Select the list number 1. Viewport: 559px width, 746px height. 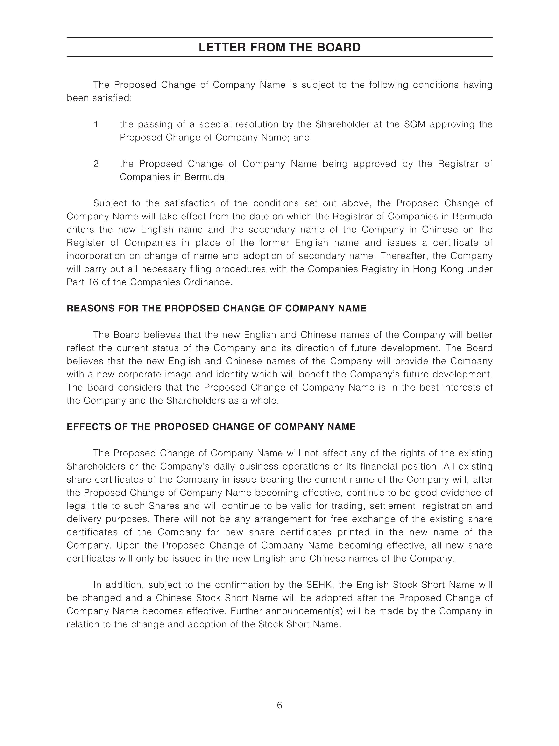click(x=97, y=124)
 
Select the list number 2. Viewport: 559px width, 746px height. click(x=97, y=164)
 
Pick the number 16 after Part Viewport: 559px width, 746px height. click(x=93, y=282)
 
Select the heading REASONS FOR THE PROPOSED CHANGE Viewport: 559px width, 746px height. click(x=216, y=309)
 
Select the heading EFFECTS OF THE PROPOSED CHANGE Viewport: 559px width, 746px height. click(x=211, y=427)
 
